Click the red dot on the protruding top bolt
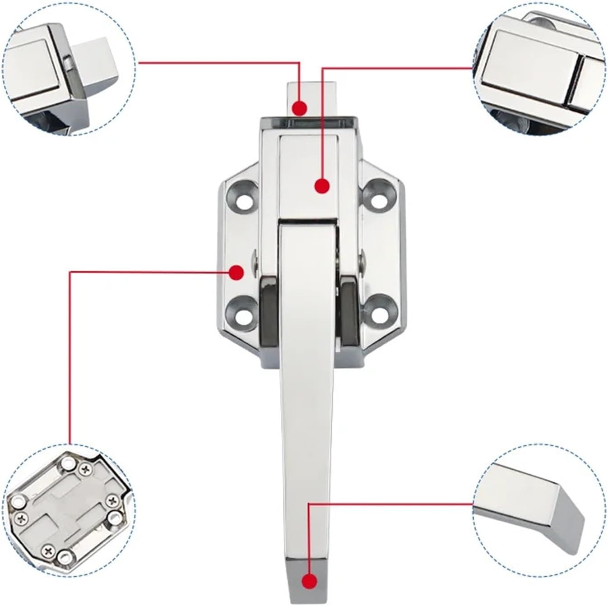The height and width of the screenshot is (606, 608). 299,108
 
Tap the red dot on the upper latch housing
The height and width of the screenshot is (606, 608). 322,186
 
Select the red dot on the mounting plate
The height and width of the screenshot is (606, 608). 236,273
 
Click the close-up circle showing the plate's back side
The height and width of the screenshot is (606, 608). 68,510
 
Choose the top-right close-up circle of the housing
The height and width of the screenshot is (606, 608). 539,68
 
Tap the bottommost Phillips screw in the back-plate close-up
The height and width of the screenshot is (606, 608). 49,551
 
